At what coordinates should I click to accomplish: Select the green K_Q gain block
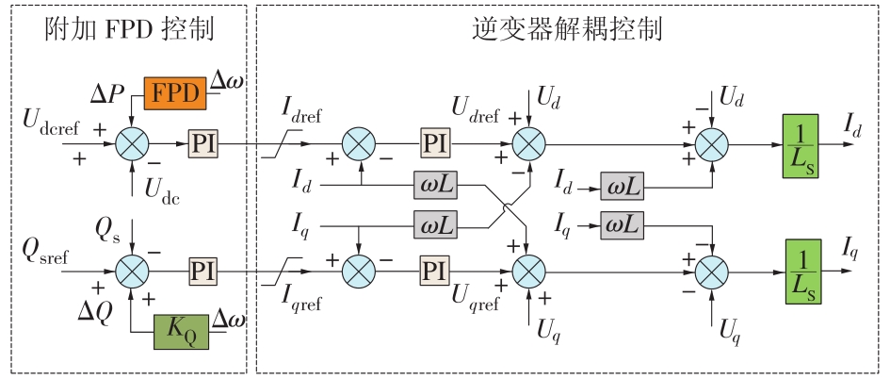tap(182, 331)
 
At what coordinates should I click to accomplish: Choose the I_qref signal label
tap(305, 299)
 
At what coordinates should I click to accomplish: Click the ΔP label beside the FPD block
tap(108, 94)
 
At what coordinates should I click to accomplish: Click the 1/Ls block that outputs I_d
tap(801, 144)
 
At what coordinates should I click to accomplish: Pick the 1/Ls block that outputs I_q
tap(801, 272)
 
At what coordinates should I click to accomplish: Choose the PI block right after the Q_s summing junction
tap(202, 272)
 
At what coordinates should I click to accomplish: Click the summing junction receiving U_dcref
tap(133, 144)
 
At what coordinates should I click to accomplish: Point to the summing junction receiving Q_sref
tap(133, 272)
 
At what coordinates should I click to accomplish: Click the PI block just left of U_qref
tap(434, 272)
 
